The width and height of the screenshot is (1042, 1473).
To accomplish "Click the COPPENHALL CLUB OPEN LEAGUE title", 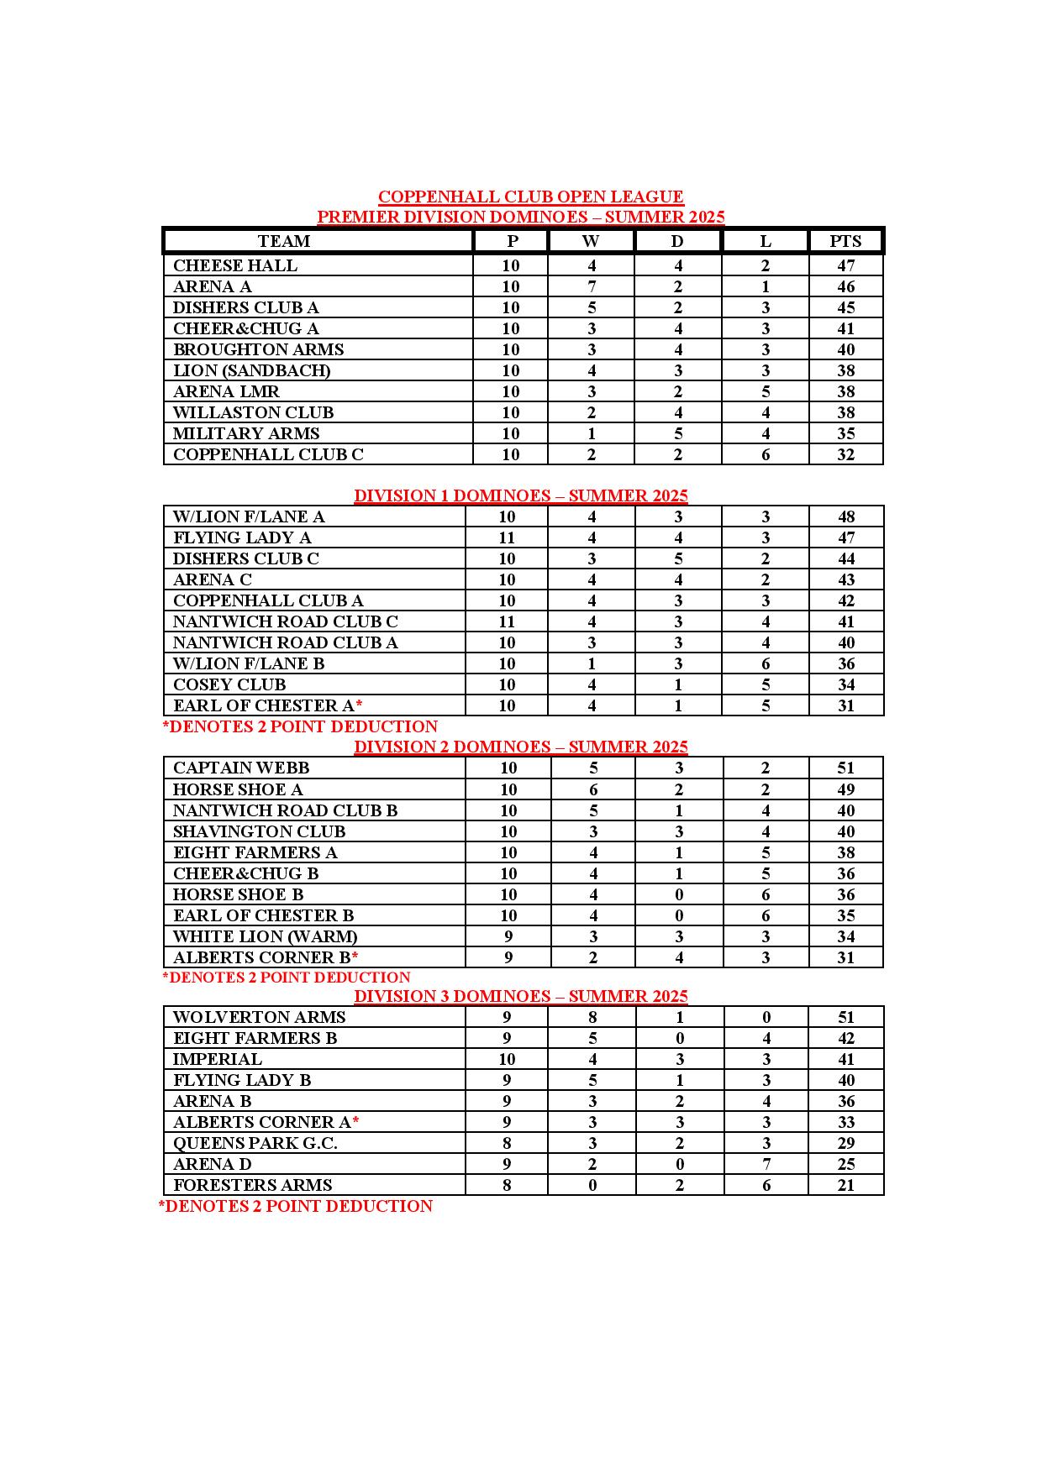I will click(x=530, y=197).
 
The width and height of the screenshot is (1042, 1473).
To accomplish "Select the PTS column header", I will click(x=845, y=241).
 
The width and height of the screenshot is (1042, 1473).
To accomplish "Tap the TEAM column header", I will click(x=284, y=241).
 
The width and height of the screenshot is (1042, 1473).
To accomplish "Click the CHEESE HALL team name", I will click(x=235, y=265).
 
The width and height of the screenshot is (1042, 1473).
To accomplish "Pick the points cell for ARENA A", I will click(x=845, y=286).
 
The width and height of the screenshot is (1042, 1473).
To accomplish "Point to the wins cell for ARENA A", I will click(x=592, y=286).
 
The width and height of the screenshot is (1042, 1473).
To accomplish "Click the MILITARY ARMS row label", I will click(x=246, y=433).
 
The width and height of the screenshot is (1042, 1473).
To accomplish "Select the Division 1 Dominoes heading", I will click(x=521, y=495).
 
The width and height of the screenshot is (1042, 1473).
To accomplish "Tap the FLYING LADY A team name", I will click(x=242, y=537).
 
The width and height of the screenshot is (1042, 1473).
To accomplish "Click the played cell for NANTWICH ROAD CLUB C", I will click(x=507, y=621).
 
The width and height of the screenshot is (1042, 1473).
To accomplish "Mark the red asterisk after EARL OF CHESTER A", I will click(x=359, y=704).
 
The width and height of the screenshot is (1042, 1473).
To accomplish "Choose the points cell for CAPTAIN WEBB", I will click(x=845, y=768).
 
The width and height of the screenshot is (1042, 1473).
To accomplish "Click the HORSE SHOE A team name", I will click(x=238, y=789).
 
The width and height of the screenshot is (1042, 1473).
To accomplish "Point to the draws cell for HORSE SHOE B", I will click(x=679, y=894).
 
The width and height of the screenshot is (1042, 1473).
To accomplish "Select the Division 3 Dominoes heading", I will click(x=521, y=996).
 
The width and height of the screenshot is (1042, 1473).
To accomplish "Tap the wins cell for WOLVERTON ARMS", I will click(x=592, y=1017).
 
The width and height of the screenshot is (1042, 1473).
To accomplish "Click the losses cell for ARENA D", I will click(x=766, y=1164).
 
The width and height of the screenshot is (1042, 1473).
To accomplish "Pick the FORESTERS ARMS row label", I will click(x=253, y=1185).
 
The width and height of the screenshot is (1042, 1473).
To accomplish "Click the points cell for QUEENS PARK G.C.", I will click(x=845, y=1143).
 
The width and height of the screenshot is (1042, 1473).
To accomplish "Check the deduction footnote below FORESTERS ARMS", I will click(x=296, y=1206).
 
